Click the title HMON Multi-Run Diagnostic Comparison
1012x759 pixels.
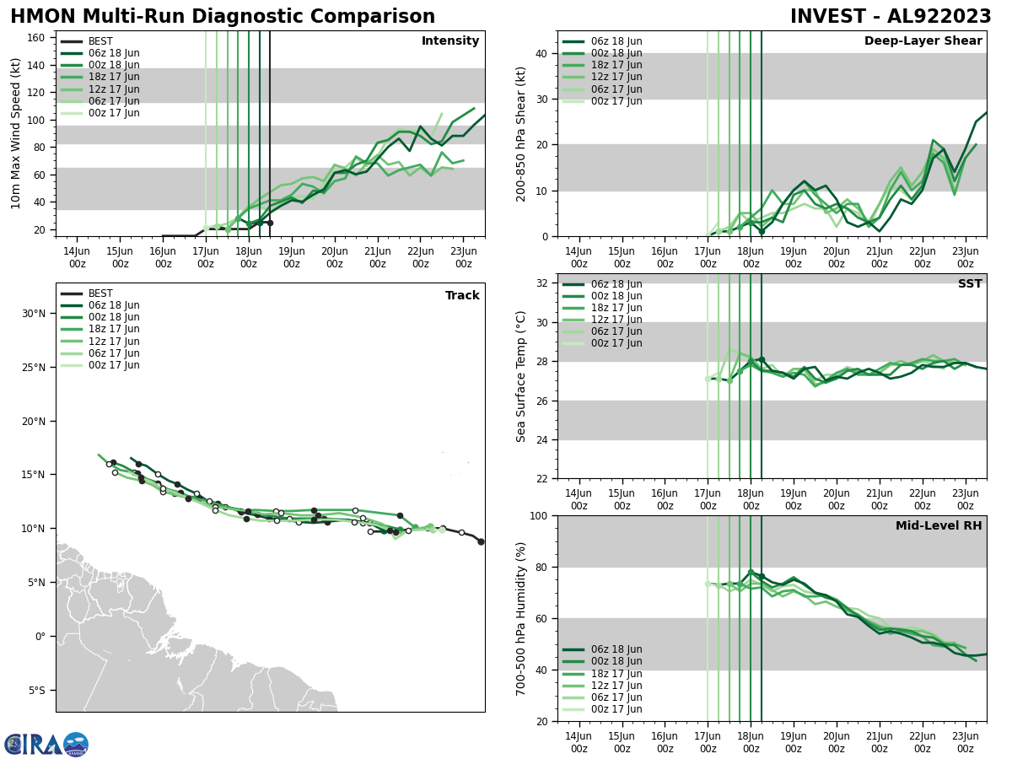tap(223, 17)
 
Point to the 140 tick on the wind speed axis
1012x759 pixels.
tap(37, 65)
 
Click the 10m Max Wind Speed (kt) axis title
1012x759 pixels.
tap(16, 133)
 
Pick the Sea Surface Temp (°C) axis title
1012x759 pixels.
tap(522, 376)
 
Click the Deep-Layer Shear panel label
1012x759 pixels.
tap(923, 41)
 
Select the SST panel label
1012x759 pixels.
tap(969, 284)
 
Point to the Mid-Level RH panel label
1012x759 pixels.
tap(938, 526)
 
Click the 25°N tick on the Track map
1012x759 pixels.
tap(34, 367)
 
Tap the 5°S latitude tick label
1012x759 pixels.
tap(35, 690)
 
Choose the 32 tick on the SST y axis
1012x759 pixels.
tap(543, 283)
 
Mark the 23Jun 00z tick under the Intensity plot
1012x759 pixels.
tap(463, 256)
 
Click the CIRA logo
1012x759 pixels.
tap(46, 744)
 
